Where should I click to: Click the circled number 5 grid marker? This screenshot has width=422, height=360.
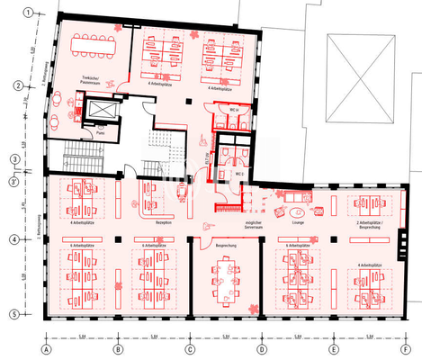pyautogui.click(x=14, y=313)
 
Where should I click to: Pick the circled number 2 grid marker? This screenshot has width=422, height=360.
pyautogui.click(x=15, y=86)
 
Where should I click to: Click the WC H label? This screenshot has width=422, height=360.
pyautogui.click(x=233, y=109)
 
